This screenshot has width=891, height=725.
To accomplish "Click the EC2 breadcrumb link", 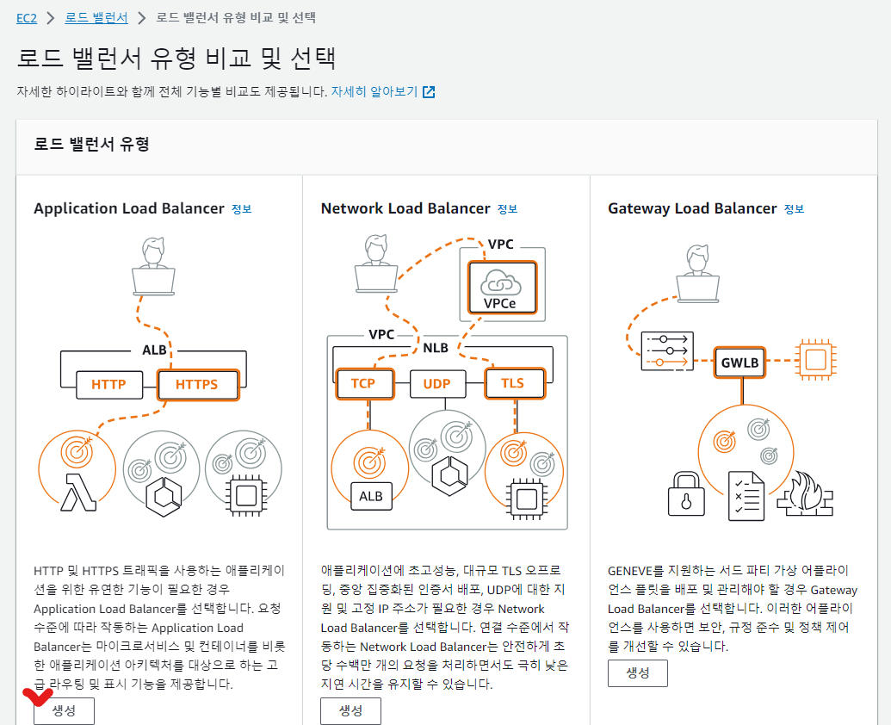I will (x=27, y=17).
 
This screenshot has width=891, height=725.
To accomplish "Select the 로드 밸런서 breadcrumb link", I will (x=96, y=17).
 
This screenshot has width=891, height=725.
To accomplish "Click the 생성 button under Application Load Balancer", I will (x=64, y=710).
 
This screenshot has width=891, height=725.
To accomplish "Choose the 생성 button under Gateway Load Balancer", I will (x=637, y=672).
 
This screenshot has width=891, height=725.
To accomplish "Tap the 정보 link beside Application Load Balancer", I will (x=242, y=209).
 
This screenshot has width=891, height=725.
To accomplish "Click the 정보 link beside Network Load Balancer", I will (x=508, y=209).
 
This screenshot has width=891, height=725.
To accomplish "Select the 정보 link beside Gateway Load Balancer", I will (x=795, y=209).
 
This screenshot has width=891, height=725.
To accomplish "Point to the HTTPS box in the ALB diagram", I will (x=197, y=384).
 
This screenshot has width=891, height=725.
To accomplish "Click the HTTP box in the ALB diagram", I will (x=108, y=384).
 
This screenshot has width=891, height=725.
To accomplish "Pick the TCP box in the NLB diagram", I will (x=363, y=383).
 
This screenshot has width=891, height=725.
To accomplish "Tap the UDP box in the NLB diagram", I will (x=436, y=383).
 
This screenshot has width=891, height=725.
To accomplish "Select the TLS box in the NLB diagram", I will (x=512, y=383).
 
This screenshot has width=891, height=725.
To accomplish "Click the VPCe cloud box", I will (x=502, y=287).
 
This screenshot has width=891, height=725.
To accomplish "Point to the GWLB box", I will (x=740, y=362).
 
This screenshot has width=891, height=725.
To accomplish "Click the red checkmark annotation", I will (x=37, y=695).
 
